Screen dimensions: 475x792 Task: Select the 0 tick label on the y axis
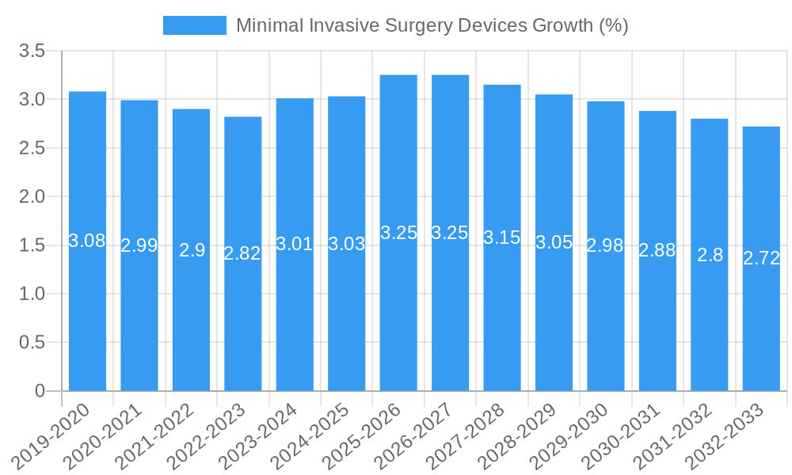click(x=40, y=391)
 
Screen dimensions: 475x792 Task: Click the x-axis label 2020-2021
click(x=102, y=435)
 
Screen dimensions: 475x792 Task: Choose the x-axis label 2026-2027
click(x=413, y=435)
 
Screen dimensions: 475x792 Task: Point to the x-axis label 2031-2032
click(x=672, y=435)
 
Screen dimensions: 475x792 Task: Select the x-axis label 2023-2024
click(x=257, y=435)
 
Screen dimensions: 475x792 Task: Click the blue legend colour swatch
click(x=194, y=25)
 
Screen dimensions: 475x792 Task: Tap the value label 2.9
click(x=192, y=250)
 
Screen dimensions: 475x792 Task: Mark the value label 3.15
click(x=502, y=237)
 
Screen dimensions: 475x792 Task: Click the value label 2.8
click(x=710, y=255)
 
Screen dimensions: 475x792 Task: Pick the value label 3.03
click(x=347, y=244)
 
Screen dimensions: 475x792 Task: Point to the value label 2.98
click(x=605, y=245)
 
